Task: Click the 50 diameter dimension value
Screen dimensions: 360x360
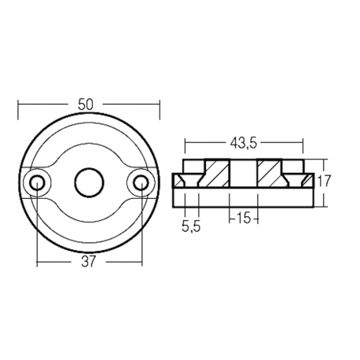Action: point(88,103)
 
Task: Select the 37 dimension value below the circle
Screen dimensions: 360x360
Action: point(88,263)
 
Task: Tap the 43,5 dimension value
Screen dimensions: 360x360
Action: point(242,145)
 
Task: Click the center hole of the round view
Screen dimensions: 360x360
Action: point(87,182)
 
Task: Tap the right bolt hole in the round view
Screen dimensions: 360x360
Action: point(140,182)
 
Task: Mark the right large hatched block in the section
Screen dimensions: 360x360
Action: point(270,174)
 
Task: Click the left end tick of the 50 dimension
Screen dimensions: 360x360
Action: point(18,103)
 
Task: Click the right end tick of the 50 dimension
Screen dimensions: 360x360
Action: point(159,103)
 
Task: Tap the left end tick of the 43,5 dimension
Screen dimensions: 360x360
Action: point(185,145)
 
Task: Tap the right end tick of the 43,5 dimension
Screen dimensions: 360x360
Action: point(302,145)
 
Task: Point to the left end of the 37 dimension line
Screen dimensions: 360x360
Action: point(36,263)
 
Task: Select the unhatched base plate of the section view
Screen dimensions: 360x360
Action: point(243,194)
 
